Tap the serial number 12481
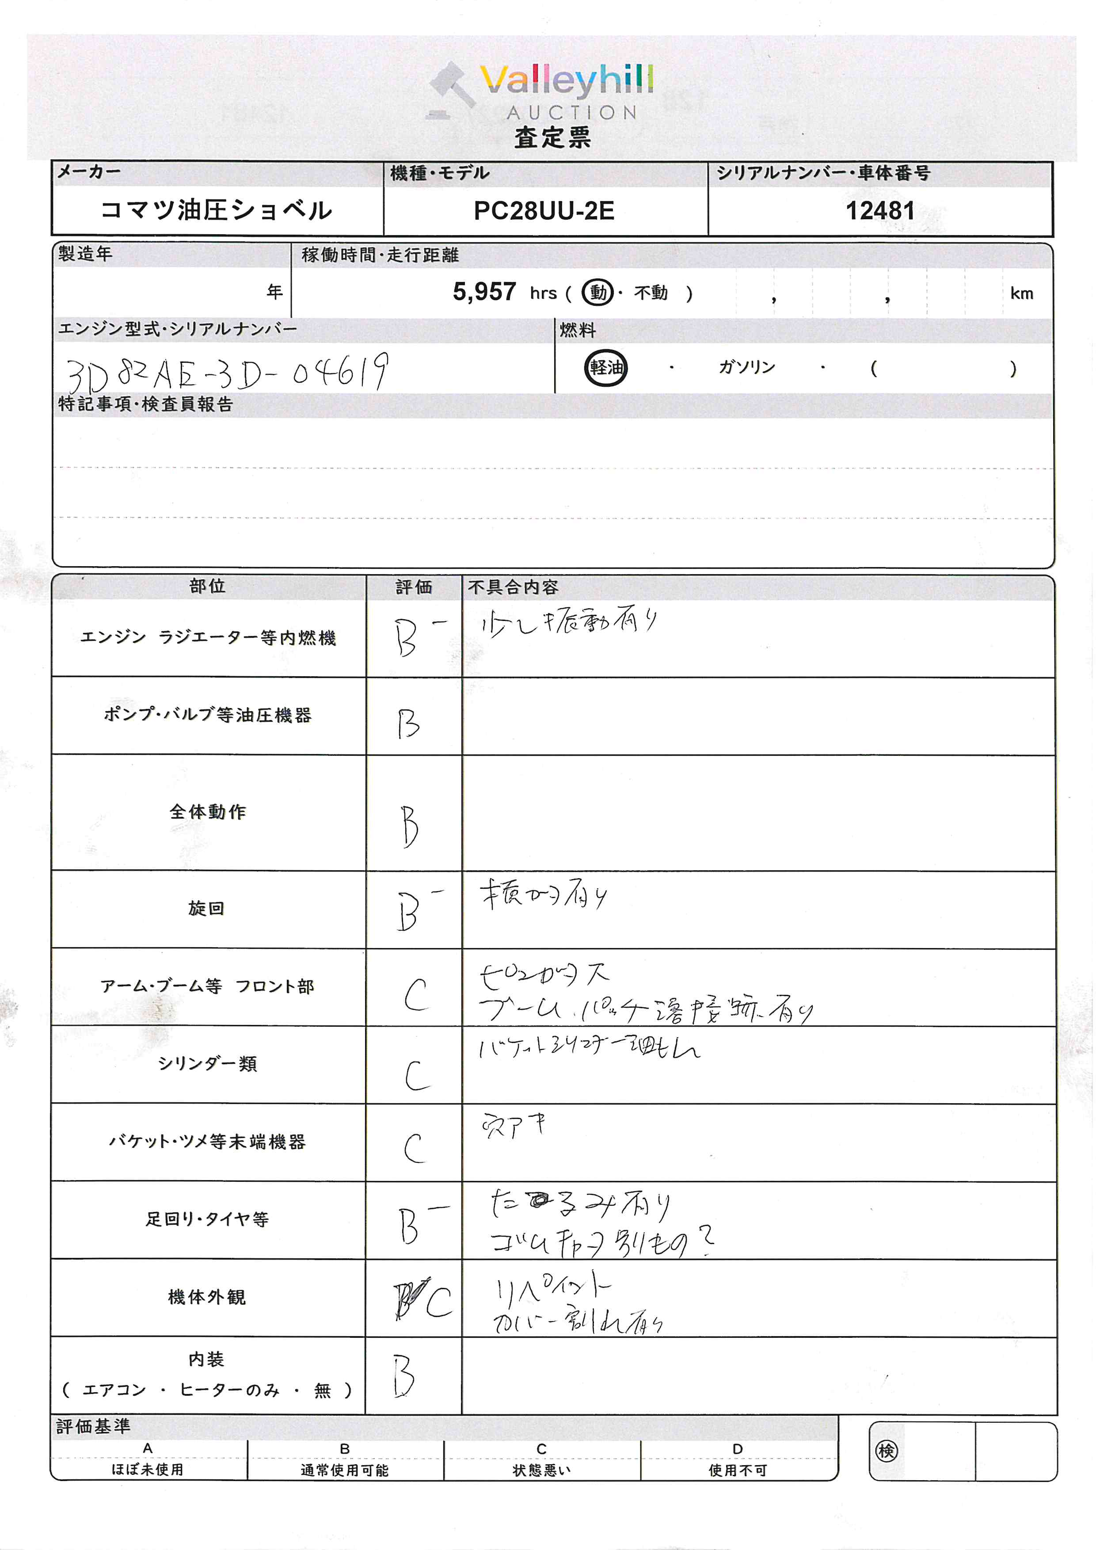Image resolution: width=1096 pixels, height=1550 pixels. point(880,211)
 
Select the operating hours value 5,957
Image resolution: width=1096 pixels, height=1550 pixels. point(484,292)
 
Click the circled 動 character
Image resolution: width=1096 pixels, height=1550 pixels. point(598,292)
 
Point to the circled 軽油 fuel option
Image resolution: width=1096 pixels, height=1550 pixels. point(605,368)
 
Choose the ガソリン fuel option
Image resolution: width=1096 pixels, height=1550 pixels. point(746,367)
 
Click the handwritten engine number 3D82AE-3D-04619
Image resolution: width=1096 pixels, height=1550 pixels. point(227,373)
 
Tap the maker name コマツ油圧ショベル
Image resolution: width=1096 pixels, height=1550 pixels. point(216,210)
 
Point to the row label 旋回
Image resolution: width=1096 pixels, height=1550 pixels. point(206,909)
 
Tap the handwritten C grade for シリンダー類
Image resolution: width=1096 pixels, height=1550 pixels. point(417,1075)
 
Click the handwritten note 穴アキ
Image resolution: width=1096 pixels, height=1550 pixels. point(514,1125)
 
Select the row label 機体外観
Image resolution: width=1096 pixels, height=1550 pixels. point(206,1297)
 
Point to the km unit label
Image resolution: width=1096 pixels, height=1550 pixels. point(1022,293)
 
